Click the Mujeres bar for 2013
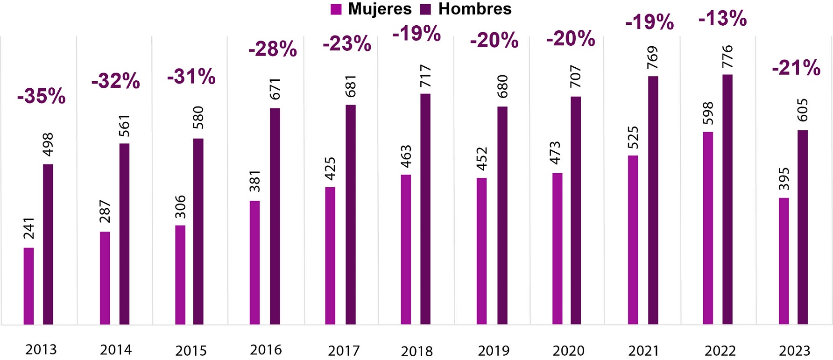(28, 286)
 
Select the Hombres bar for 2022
(727, 199)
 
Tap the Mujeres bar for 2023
(784, 261)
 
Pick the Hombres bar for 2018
(425, 209)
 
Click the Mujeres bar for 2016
(254, 262)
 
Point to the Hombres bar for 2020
(576, 210)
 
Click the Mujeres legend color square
(336, 9)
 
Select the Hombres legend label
(474, 9)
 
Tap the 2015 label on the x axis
(191, 351)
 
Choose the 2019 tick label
(494, 351)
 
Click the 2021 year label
(644, 351)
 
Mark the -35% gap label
(41, 96)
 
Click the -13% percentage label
(722, 19)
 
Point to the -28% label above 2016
(272, 49)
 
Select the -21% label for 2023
(796, 68)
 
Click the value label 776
(727, 57)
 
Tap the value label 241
(29, 228)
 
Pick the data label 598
(708, 113)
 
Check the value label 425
(330, 169)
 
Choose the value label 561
(124, 126)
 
